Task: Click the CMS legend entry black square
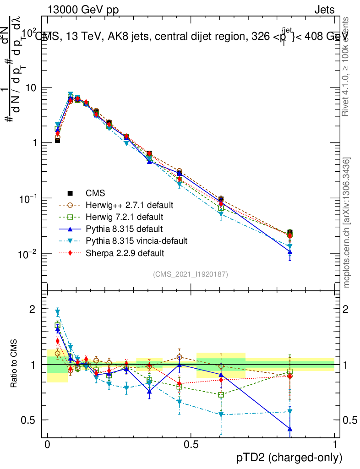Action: coord(70,193)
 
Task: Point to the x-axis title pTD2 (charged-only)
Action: coord(289,458)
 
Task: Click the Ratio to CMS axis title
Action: coord(14,365)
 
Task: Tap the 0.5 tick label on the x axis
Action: coord(191,445)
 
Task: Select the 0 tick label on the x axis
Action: coord(47,445)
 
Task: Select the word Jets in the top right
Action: coord(324,10)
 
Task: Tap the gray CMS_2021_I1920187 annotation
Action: coord(191,274)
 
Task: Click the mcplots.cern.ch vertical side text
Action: coord(347,223)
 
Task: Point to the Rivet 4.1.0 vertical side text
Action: coord(347,66)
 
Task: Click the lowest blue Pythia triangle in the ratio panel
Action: coord(289,429)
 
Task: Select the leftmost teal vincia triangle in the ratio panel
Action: coord(58,312)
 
